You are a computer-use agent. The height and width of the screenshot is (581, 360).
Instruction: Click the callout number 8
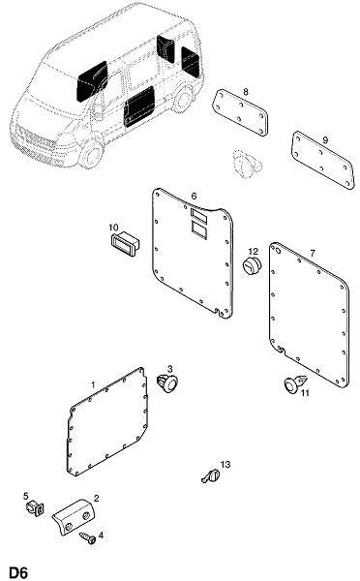pos(246,92)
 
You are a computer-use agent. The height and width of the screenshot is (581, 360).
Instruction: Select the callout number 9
pos(325,140)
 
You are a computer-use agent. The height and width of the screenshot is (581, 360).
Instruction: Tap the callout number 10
pos(113,227)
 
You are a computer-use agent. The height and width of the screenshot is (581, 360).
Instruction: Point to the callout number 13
pos(225,464)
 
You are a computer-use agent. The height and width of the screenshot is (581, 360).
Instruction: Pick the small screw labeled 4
pos(87,537)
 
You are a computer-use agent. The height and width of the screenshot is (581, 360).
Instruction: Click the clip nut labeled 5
pos(35,507)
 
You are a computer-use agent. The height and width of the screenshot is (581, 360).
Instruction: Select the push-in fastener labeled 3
pos(167,383)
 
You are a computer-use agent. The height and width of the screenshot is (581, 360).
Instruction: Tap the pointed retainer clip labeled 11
pos(295,383)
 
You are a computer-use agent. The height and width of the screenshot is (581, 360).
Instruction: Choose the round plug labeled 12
pos(252,265)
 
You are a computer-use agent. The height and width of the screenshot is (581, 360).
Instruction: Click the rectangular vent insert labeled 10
pos(125,243)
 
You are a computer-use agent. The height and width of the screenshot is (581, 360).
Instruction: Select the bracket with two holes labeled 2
pos(75,517)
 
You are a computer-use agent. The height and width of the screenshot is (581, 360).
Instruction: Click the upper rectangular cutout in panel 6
pos(199,216)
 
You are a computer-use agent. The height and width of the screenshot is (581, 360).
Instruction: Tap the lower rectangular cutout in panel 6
pos(199,229)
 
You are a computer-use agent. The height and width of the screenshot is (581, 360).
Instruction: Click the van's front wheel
pos(91,153)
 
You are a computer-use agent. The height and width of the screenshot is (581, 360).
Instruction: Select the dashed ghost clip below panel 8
pos(247,164)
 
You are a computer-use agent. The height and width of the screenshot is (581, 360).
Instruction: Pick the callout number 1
pos(93,385)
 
